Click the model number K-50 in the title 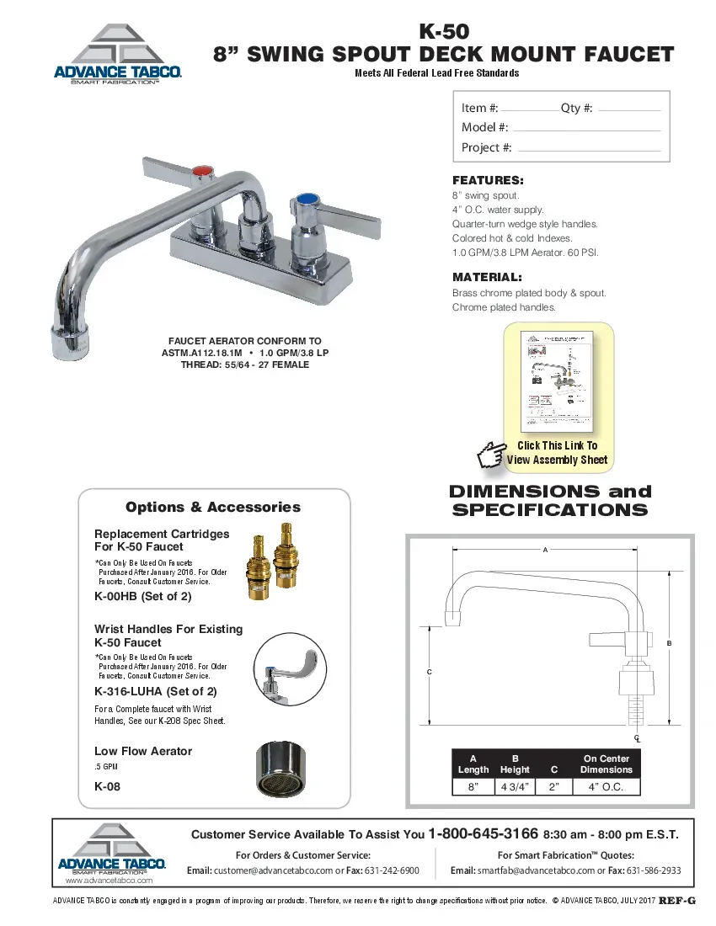pyautogui.click(x=443, y=32)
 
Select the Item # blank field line pyautogui.click(x=527, y=110)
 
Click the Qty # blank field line pyautogui.click(x=628, y=110)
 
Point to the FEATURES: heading pyautogui.click(x=488, y=180)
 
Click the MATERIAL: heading pyautogui.click(x=487, y=277)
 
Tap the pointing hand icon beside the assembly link pyautogui.click(x=490, y=455)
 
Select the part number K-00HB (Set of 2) pyautogui.click(x=143, y=596)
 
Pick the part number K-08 pyautogui.click(x=106, y=787)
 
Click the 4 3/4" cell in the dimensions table pyautogui.click(x=515, y=787)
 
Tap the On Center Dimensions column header pyautogui.click(x=606, y=764)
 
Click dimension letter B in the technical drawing pyautogui.click(x=670, y=643)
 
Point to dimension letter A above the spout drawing pyautogui.click(x=545, y=550)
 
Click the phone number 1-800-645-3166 pyautogui.click(x=484, y=834)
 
